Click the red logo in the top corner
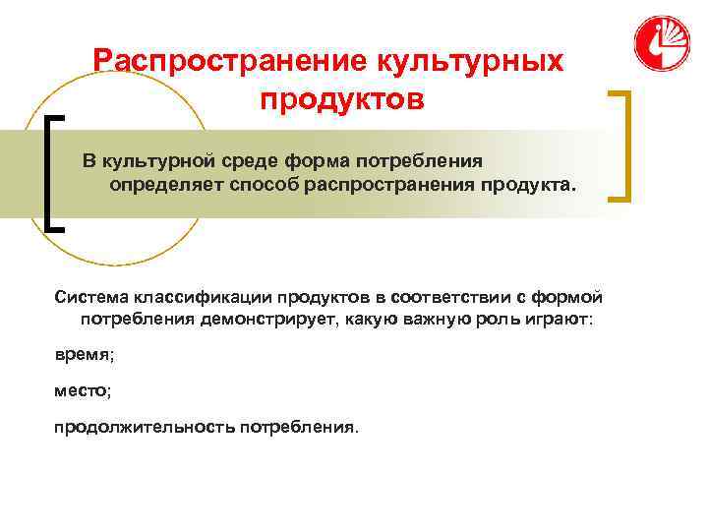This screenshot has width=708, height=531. click(x=661, y=44)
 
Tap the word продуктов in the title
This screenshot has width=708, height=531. click(x=343, y=100)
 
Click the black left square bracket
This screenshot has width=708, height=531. click(x=53, y=172)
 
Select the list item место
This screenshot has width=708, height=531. click(x=82, y=390)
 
